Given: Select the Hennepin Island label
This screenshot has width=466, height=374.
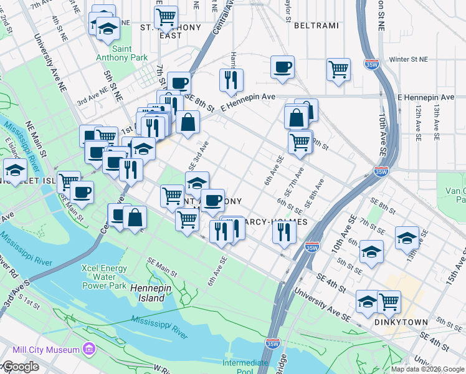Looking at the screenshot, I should (x=148, y=293).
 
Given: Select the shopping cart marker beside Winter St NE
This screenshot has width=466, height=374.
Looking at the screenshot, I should (x=338, y=69).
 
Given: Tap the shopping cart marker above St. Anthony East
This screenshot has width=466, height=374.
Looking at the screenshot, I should (x=166, y=17).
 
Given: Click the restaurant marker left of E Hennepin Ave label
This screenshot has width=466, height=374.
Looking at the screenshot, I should (x=231, y=80).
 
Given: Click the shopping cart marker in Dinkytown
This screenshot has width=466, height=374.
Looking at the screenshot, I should (x=389, y=302).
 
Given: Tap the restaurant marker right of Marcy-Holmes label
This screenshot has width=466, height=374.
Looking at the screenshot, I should (x=284, y=233).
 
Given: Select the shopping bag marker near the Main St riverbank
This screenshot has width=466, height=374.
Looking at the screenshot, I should (x=135, y=218).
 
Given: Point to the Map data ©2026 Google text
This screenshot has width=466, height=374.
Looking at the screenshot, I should (x=427, y=369).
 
